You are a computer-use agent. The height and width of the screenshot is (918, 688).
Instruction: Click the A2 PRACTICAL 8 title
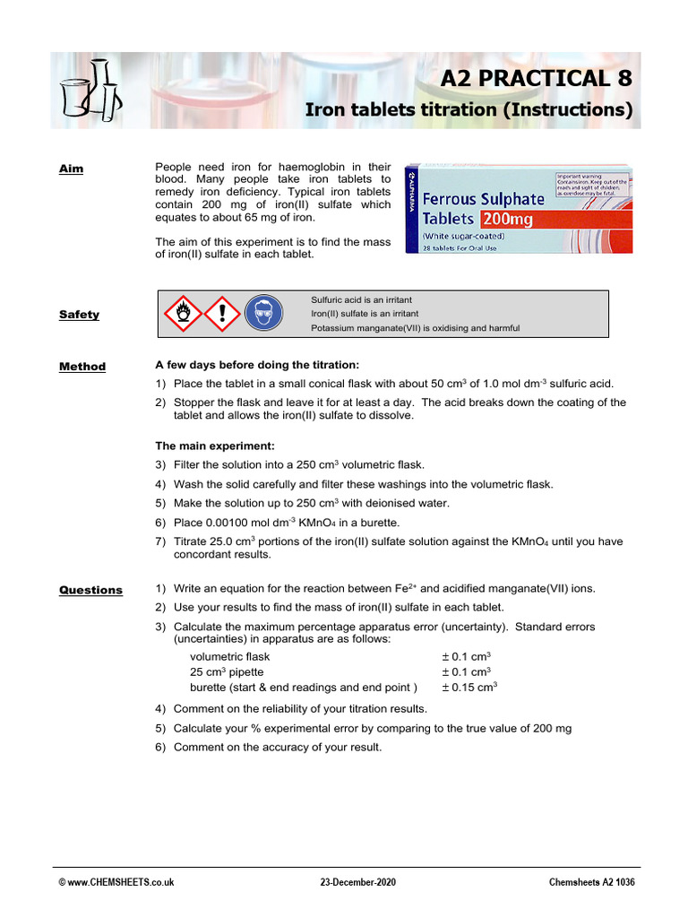coord(536,79)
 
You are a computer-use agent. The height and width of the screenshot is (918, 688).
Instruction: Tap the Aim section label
coord(71,169)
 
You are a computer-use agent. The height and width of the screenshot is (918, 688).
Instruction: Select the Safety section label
coord(79,315)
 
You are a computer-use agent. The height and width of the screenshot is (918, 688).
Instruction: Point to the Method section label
coord(82,367)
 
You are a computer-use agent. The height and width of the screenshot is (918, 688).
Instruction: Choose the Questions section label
coord(90,590)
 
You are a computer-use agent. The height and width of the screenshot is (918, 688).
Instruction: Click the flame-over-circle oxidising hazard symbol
coord(182,314)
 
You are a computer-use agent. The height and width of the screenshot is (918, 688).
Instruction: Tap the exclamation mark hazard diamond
coord(222,314)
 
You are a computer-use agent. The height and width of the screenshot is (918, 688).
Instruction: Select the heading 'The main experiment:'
coord(215,446)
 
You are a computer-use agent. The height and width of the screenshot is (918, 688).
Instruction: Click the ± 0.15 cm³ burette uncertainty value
coord(469,688)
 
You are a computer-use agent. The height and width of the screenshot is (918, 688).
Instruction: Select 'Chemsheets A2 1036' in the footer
coord(591,882)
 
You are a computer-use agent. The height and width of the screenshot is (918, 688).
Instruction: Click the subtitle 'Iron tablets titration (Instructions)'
coord(469,110)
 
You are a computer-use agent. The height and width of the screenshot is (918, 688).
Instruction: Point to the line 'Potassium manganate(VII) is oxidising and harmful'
coord(415,328)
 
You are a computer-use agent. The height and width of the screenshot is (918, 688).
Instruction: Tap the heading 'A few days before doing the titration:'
coord(257,365)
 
